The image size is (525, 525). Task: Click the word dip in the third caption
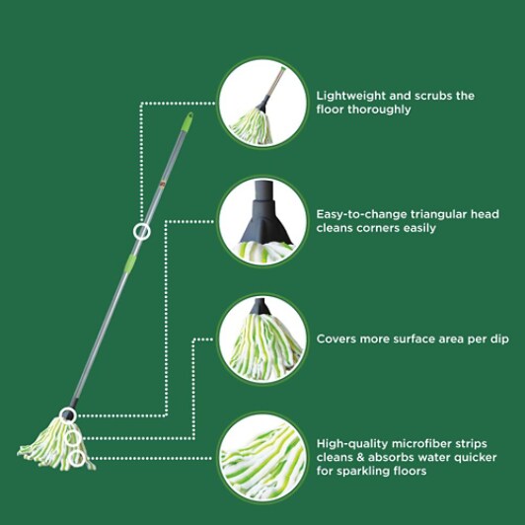(x=499, y=339)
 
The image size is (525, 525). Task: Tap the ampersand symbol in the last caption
(x=359, y=457)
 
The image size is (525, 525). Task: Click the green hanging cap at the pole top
(x=187, y=121)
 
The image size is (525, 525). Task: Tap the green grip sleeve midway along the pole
(x=130, y=263)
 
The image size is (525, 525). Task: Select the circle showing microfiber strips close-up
(x=262, y=458)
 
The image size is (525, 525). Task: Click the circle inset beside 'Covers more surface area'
(x=262, y=338)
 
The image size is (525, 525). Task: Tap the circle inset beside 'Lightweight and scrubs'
(x=262, y=103)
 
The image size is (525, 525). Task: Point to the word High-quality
(x=352, y=444)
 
